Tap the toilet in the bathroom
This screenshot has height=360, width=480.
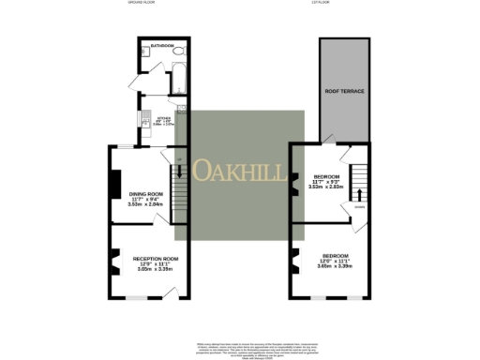coord(182,52)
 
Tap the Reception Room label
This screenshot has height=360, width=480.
coord(156,257)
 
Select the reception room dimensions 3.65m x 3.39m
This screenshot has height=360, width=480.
coord(156,269)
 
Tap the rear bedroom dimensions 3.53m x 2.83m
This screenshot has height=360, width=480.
coord(327,187)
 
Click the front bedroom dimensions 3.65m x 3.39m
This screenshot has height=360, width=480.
coord(337,267)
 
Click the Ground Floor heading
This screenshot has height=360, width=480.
coord(142,3)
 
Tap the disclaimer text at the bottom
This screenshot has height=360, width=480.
coord(240,343)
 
